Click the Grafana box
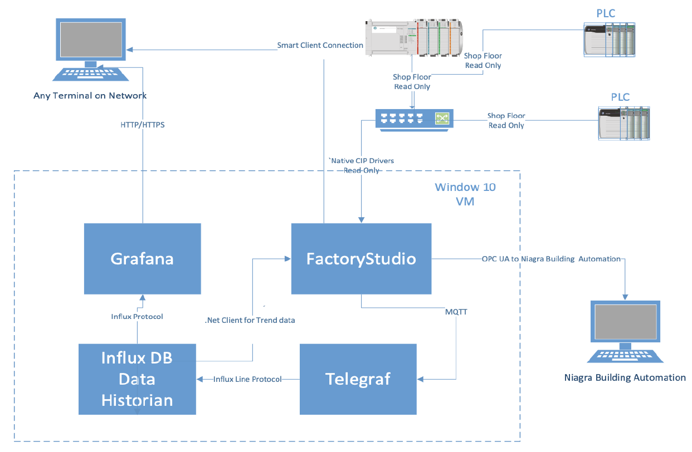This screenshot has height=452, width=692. [142, 259]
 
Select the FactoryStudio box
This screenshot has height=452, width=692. [361, 259]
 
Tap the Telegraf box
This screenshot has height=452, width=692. [358, 379]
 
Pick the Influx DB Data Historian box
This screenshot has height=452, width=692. [137, 379]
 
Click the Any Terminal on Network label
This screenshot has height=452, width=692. [90, 96]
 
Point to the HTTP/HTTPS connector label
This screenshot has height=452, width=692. [143, 125]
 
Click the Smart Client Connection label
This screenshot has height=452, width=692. [320, 45]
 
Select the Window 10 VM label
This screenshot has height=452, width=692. [465, 194]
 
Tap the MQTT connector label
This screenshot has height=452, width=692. [456, 312]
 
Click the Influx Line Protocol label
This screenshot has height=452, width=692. [247, 379]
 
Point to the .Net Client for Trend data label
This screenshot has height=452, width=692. [250, 320]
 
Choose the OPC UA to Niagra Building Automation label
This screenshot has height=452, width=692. [551, 259]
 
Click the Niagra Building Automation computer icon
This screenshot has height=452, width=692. [624, 333]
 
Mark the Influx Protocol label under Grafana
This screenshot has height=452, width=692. [137, 317]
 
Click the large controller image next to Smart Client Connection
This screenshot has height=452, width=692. [413, 37]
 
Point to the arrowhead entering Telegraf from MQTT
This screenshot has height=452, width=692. [420, 379]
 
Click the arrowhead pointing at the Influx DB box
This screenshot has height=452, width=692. [199, 379]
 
